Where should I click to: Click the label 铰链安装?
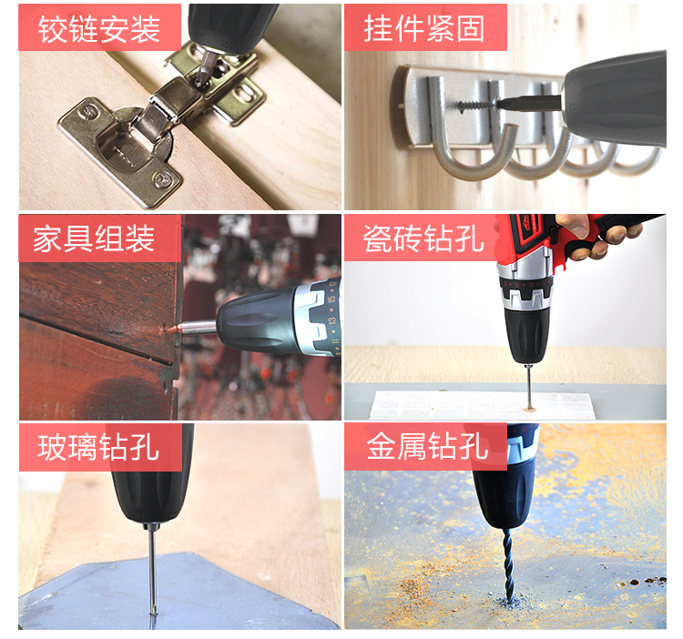(99, 28)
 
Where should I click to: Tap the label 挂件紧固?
(424, 28)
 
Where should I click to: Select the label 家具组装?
(94, 238)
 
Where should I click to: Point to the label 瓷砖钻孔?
(423, 238)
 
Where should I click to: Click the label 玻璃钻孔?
(98, 448)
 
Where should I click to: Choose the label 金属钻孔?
(427, 447)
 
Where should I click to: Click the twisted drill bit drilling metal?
(508, 566)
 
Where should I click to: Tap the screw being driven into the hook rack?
(478, 105)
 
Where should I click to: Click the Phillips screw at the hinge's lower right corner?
(162, 178)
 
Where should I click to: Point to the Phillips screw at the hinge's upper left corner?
(89, 111)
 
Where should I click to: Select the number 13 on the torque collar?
(331, 320)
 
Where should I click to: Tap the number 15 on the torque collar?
(331, 299)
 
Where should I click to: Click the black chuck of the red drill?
(526, 335)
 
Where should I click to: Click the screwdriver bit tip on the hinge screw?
(201, 79)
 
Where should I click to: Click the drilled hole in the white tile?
(530, 409)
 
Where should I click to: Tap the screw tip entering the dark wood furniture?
(171, 330)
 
